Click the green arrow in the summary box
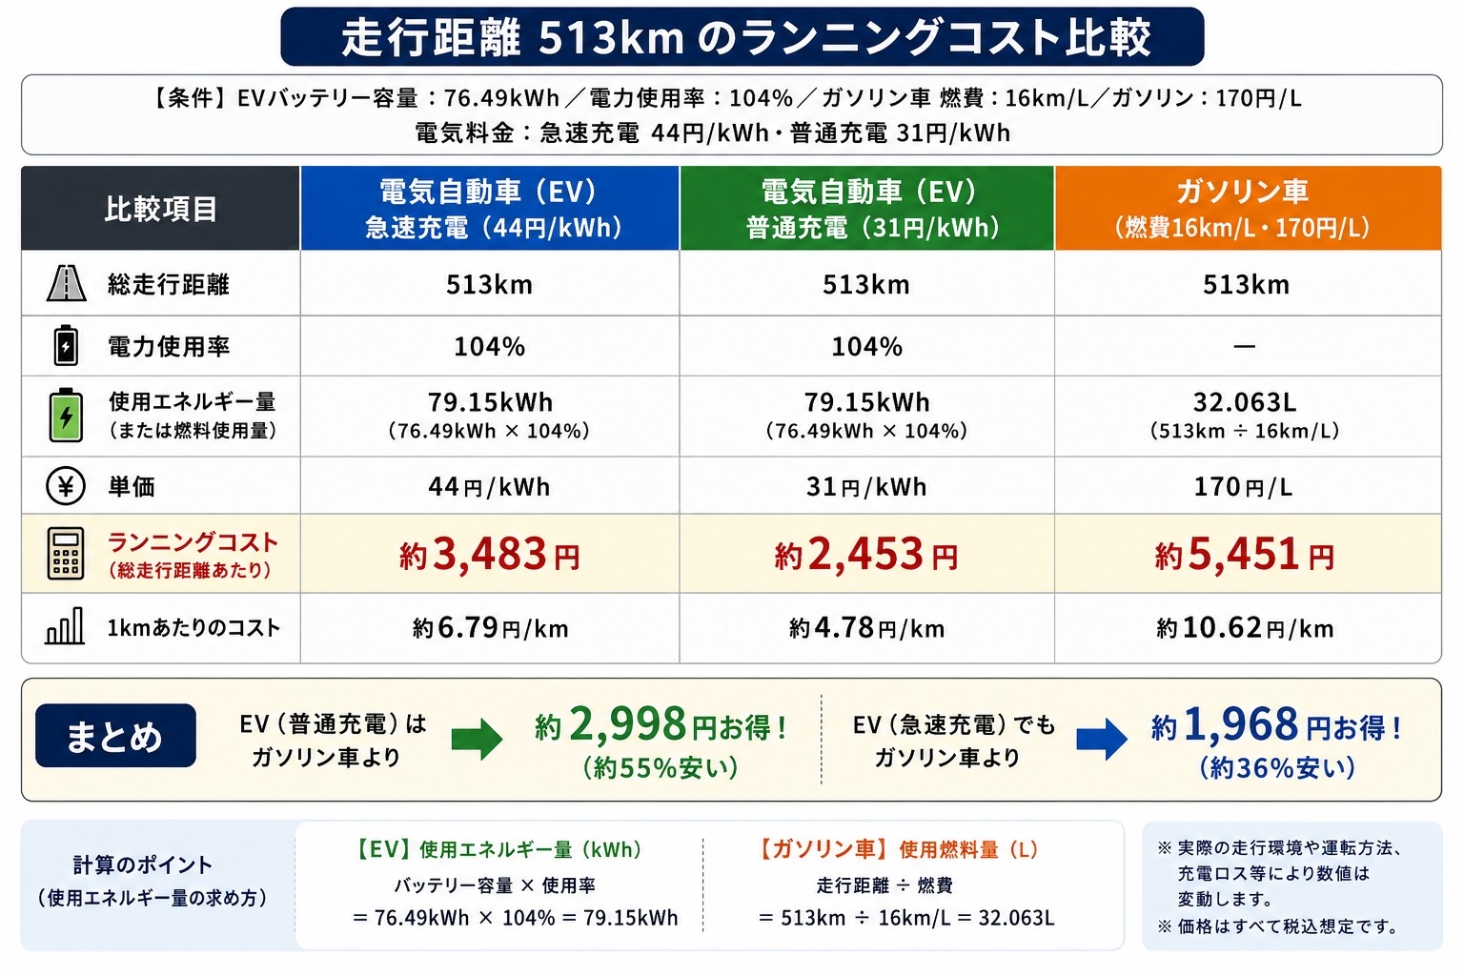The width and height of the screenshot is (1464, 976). pos(478,740)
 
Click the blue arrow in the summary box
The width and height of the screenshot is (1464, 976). pos(1102,740)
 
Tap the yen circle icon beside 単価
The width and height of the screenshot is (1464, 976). pos(66,486)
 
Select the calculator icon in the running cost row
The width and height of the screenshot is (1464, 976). pos(66,554)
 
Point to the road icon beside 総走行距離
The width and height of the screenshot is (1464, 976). pos(66,283)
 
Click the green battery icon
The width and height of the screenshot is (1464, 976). pos(66,416)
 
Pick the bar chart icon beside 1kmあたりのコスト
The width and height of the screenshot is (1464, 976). pos(65,626)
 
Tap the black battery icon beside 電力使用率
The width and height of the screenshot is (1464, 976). pos(66,345)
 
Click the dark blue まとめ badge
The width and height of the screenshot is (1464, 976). pos(115,736)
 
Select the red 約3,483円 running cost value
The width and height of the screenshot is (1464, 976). pos(490,555)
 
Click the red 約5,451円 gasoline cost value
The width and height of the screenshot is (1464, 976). pos(1245,555)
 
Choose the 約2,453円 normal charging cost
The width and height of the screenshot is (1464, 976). pos(866,555)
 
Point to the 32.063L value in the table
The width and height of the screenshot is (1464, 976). pos(1245,402)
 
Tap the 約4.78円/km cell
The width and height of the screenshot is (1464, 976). pos(866,628)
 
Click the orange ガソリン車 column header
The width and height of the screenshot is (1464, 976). pos(1248,208)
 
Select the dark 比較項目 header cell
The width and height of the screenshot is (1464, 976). pos(161,208)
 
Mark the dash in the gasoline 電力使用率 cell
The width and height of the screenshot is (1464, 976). pos(1245,347)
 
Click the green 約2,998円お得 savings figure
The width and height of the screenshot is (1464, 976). pos(661,725)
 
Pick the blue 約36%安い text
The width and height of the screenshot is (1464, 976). pos(1277,768)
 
